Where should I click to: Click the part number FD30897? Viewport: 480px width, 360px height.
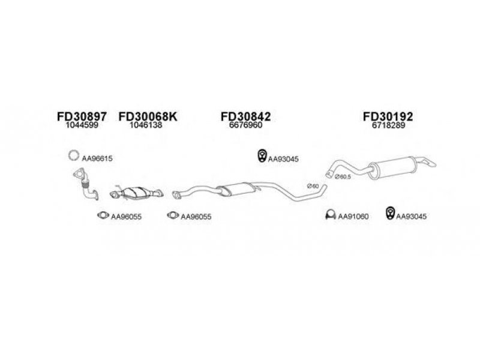[x=82, y=116]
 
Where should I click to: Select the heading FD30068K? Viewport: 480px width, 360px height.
[x=148, y=116]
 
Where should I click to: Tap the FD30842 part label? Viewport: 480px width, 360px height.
[x=246, y=116]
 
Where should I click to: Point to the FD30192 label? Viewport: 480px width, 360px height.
[x=388, y=116]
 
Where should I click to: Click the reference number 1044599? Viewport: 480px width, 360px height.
[x=82, y=125]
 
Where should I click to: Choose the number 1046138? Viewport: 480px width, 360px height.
[x=146, y=125]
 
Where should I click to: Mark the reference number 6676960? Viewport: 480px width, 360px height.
[x=246, y=125]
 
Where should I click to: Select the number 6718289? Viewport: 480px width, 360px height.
[x=388, y=125]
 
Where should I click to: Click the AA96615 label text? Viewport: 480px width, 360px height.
[x=97, y=158]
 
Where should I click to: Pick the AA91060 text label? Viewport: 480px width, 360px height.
[x=353, y=217]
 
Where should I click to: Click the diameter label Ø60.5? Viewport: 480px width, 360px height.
[x=343, y=177]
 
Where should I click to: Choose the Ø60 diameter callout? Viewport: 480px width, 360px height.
[x=313, y=186]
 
